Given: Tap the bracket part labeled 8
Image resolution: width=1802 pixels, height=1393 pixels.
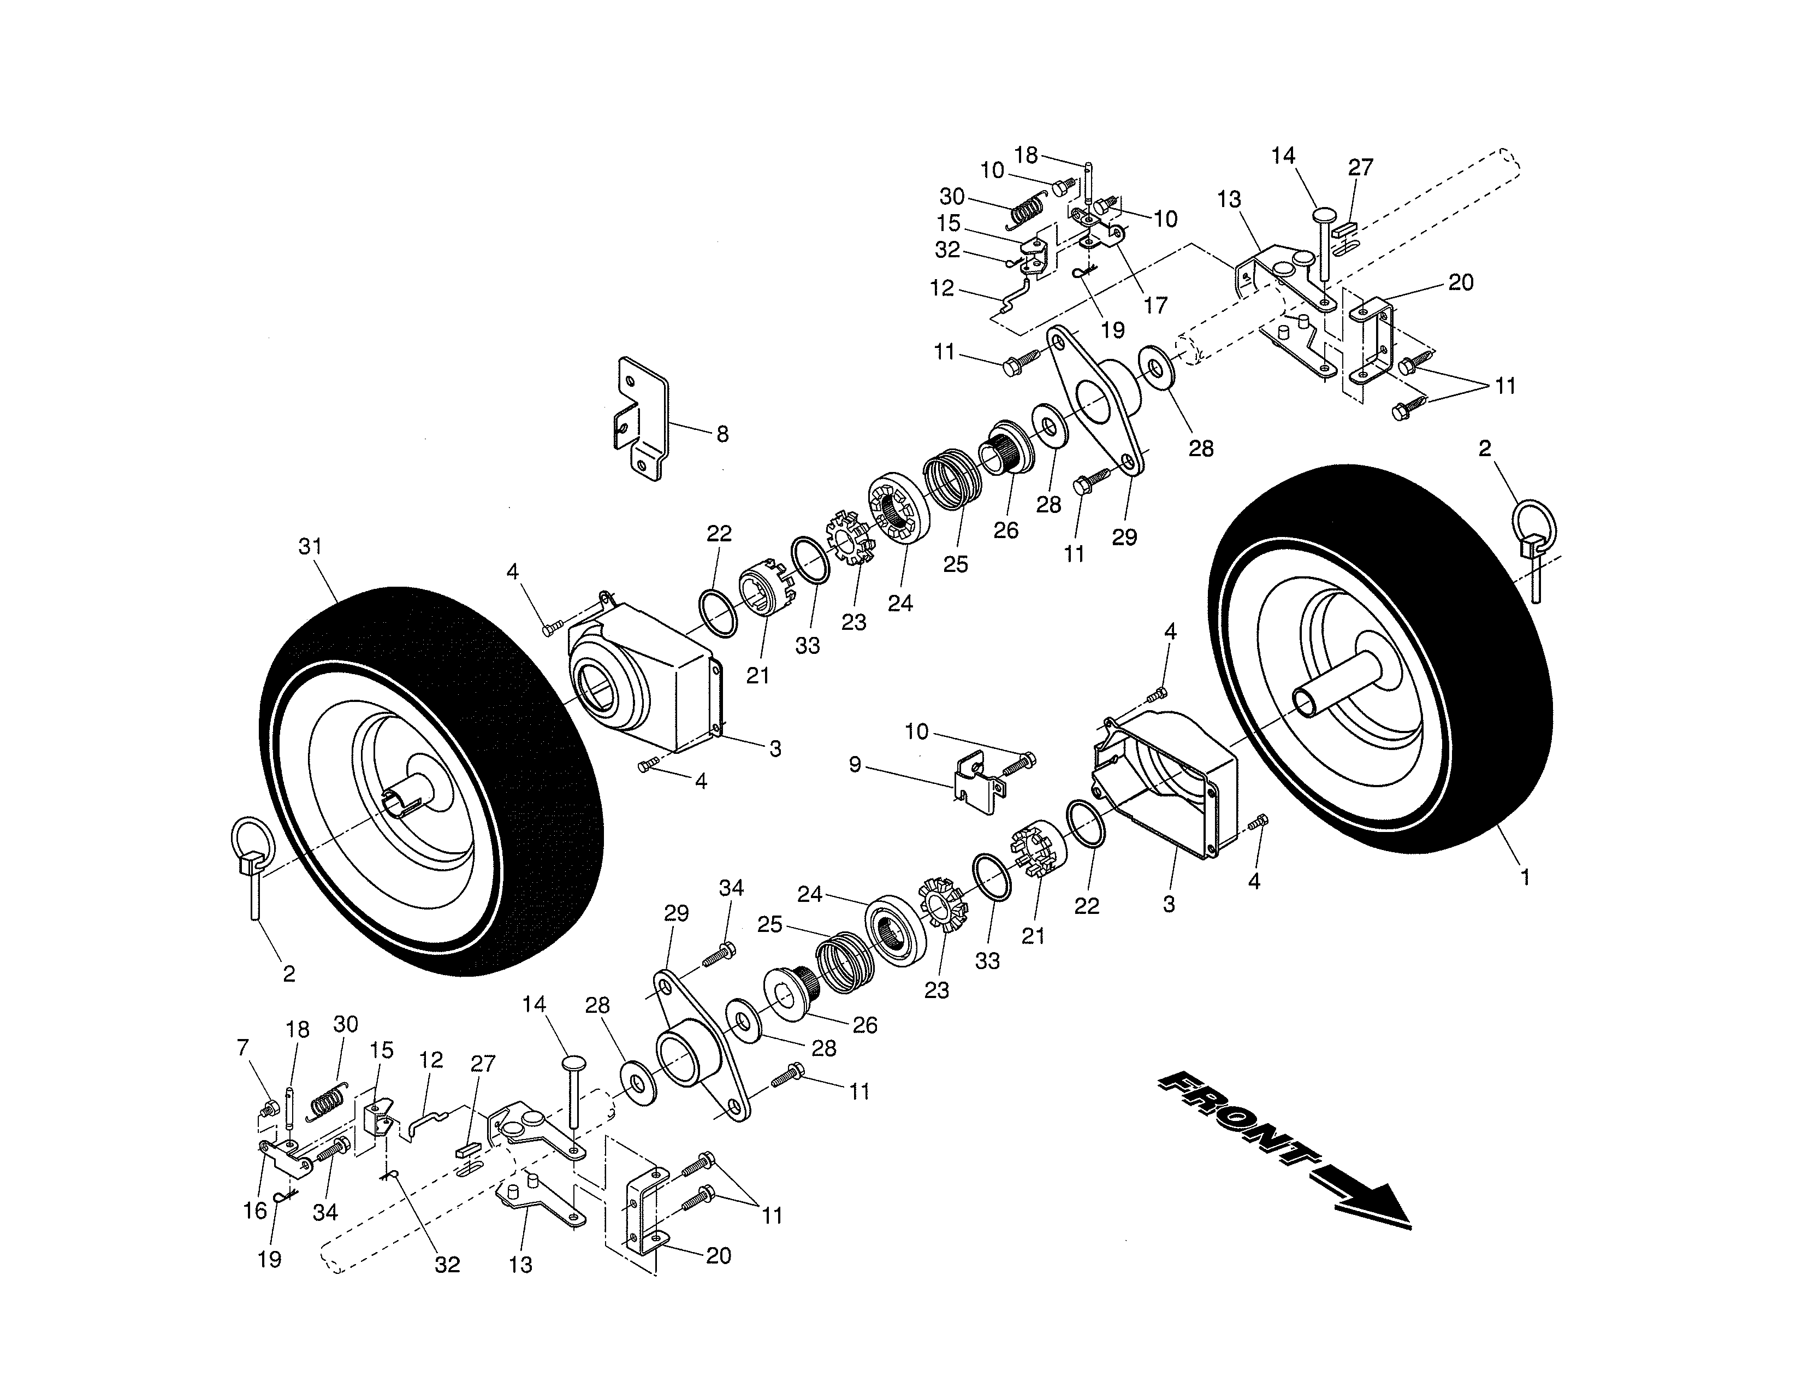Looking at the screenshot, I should tap(641, 417).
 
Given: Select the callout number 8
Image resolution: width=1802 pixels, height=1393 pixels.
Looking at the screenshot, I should tap(722, 435).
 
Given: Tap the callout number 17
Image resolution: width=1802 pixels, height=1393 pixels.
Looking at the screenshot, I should tap(1155, 305).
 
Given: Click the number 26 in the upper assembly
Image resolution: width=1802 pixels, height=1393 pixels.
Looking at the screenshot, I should tap(1006, 530).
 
